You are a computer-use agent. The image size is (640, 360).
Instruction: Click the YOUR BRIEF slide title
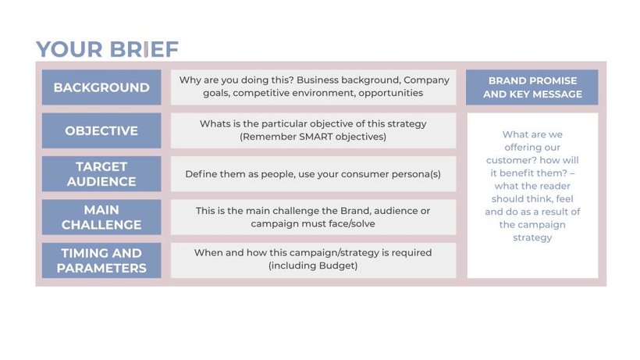pos(108,49)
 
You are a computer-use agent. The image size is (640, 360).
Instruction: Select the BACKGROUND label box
pos(101,87)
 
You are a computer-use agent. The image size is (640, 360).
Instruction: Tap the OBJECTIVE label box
pos(101,130)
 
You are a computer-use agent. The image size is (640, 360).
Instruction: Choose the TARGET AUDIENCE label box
pos(101,174)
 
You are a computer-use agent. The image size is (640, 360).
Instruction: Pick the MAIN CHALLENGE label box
pos(101,217)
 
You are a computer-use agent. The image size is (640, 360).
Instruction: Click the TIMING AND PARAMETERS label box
pos(101,260)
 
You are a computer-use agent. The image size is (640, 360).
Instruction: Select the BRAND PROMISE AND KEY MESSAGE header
pos(532,87)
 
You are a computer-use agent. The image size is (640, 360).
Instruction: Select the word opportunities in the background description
pos(390,93)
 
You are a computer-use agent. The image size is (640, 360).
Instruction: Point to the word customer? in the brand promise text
pos(509,160)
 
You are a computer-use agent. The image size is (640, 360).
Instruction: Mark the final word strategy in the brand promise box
pos(532,238)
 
